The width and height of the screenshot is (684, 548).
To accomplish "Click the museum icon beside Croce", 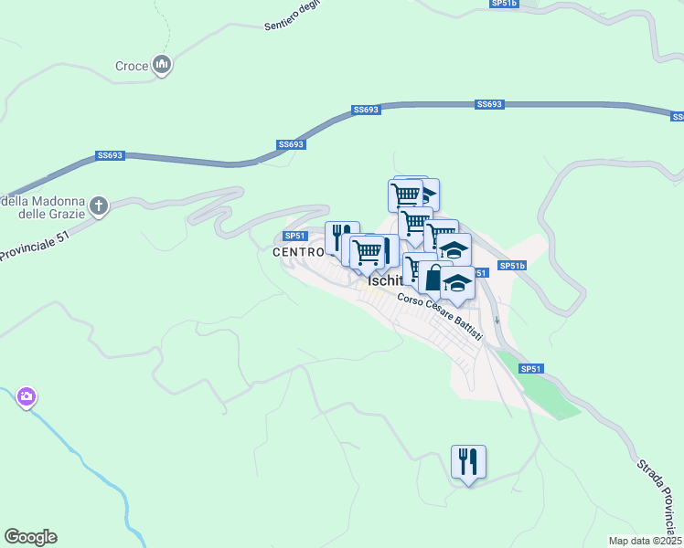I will click(x=164, y=65).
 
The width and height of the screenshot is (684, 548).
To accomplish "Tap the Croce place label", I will click(x=132, y=66).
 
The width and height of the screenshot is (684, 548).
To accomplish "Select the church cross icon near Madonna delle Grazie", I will click(x=100, y=207).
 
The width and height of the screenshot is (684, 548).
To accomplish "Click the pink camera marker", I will click(x=26, y=396).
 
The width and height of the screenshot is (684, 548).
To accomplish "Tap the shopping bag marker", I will click(x=434, y=279).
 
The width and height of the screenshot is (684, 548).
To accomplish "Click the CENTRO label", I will click(x=298, y=251).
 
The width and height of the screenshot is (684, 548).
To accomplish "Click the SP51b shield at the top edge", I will click(x=504, y=4).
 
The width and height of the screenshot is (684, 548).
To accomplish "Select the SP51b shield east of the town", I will click(x=512, y=266).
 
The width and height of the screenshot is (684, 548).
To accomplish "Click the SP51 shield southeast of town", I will click(x=531, y=368).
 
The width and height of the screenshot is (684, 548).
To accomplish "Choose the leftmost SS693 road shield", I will click(x=110, y=156).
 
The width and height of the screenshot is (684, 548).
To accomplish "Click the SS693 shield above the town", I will click(x=365, y=110).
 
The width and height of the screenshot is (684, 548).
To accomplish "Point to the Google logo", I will click(x=30, y=537).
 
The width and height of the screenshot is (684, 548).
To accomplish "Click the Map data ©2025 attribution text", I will click(x=644, y=541).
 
